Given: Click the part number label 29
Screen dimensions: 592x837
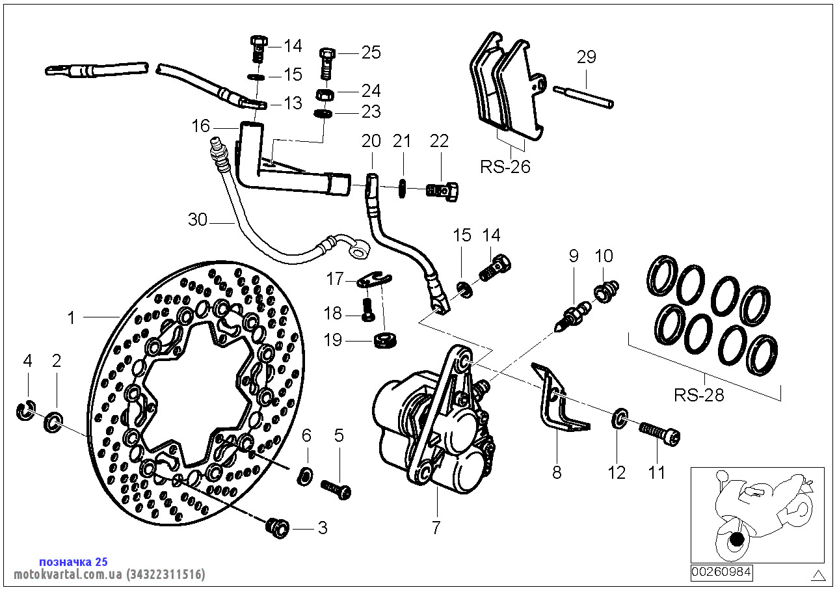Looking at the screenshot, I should (586, 57).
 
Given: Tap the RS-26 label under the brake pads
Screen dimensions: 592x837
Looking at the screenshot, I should (505, 167).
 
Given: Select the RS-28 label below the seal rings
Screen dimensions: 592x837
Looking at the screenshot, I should (698, 395).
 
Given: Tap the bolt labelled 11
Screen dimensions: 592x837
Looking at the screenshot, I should (660, 434).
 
